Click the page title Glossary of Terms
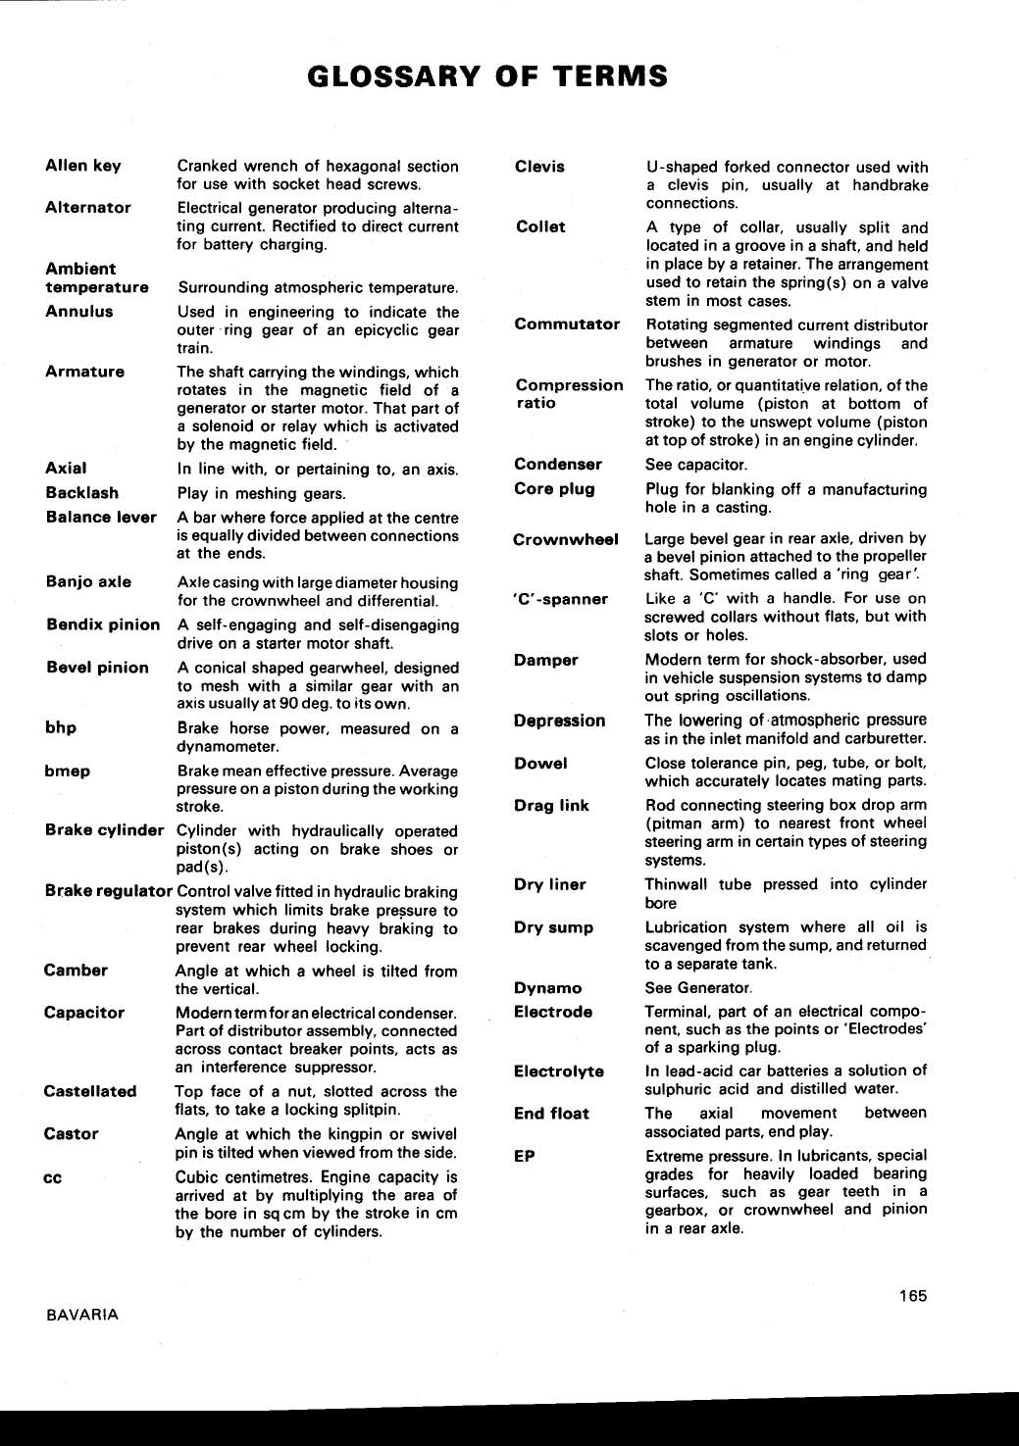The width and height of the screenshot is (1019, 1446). [x=487, y=76]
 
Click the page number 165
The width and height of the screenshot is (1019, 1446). [x=912, y=1296]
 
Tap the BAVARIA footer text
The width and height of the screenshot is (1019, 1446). [x=82, y=1315]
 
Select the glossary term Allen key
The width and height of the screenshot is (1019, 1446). [x=83, y=166]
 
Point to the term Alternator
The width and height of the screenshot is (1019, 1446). [x=88, y=208]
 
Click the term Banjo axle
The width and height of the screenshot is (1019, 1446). [x=88, y=581]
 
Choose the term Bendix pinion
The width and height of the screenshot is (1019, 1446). [x=103, y=624]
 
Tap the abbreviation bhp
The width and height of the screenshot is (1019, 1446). [x=61, y=727]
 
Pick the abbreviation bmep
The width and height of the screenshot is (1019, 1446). [x=67, y=771]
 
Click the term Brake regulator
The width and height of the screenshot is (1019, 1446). [x=108, y=891]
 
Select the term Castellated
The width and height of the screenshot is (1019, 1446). [x=90, y=1091]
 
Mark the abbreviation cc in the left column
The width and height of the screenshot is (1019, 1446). [x=53, y=1177]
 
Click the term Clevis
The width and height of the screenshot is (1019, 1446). [x=539, y=167]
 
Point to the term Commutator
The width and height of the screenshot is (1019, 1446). [x=567, y=324]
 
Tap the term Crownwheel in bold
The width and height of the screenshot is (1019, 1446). [x=566, y=539]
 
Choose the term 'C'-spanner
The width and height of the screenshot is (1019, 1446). [x=560, y=599]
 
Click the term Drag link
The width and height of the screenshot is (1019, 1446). [x=551, y=806]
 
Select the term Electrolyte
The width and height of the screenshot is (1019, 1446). [x=559, y=1072]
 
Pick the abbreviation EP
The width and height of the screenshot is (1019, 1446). [x=525, y=1156]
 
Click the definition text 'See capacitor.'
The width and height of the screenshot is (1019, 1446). [x=695, y=465]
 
